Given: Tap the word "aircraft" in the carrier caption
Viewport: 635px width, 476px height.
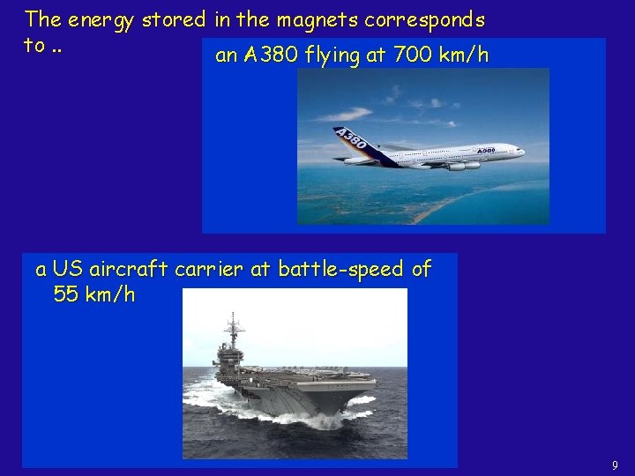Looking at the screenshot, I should pyautogui.click(x=130, y=269).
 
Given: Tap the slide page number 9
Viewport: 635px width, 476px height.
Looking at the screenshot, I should pyautogui.click(x=614, y=465).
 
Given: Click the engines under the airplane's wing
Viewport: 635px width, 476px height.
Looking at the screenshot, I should pyautogui.click(x=457, y=165).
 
